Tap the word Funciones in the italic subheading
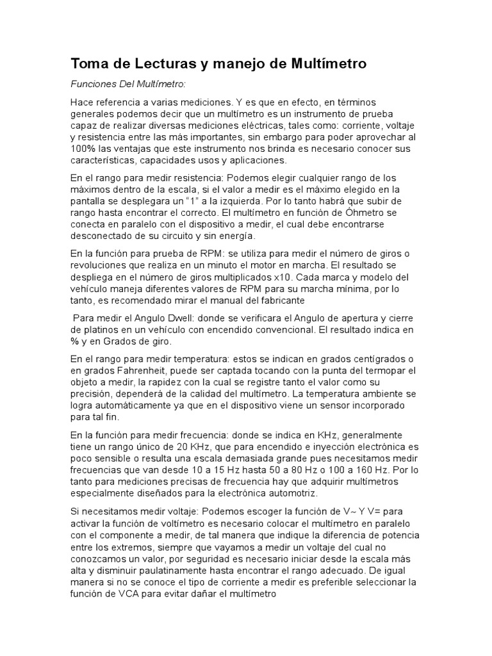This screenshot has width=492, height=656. [x=93, y=84]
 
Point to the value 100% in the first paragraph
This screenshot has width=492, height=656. [x=82, y=149]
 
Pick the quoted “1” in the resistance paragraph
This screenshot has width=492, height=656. [x=190, y=200]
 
